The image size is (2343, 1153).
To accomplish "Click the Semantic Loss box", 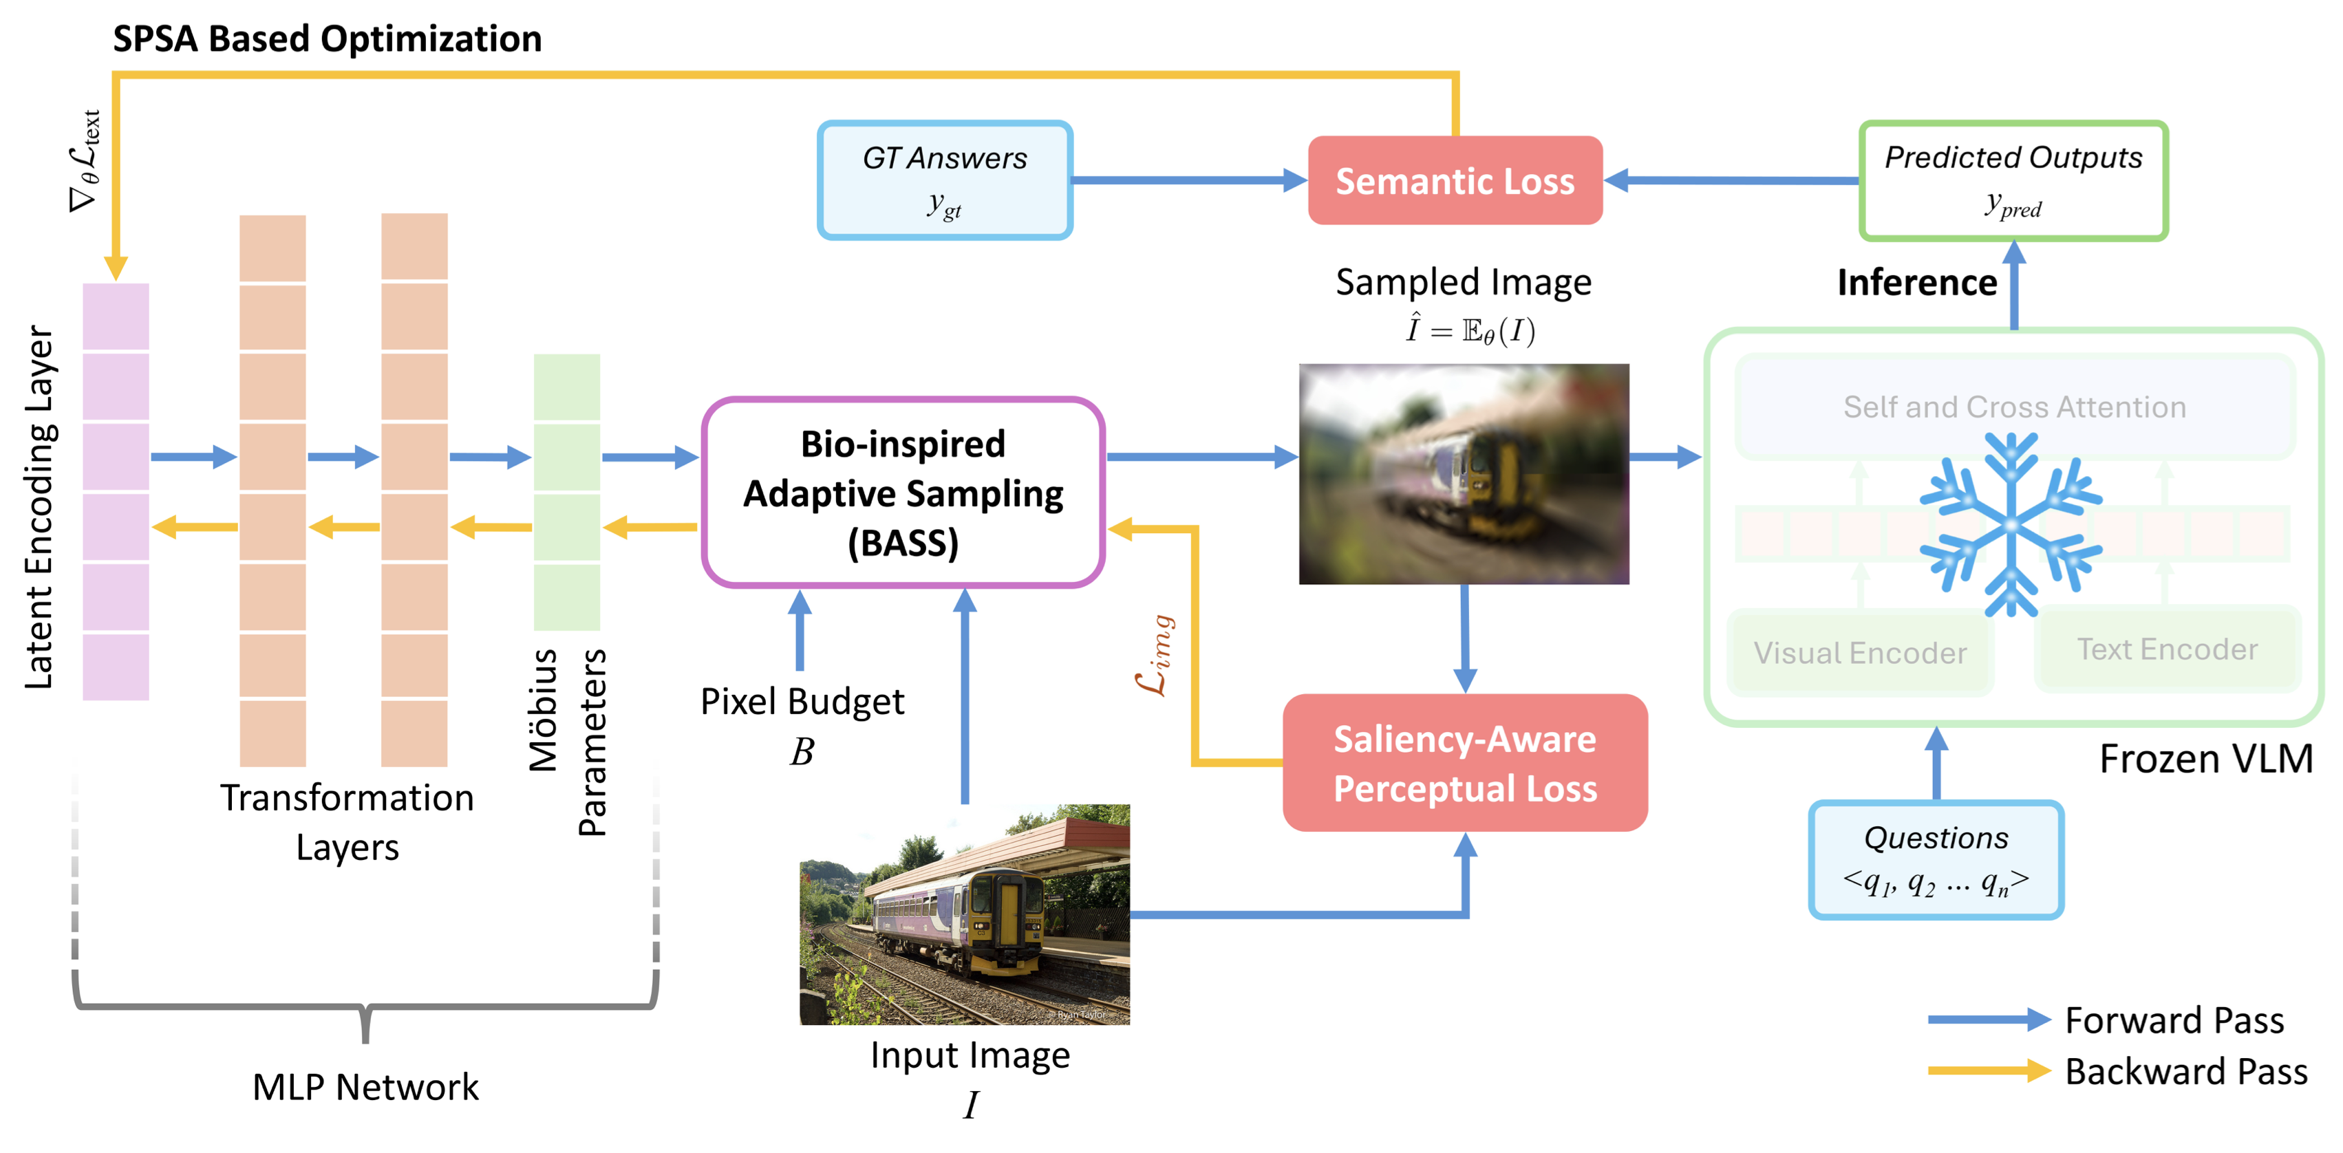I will click(1455, 181).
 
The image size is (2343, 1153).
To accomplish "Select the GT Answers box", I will click(944, 181).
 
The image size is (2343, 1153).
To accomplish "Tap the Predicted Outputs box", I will click(2012, 181).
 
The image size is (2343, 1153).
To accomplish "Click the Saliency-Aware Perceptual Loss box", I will click(1464, 763).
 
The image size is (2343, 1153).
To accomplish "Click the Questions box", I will click(1936, 859).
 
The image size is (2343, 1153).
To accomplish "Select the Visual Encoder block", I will click(1859, 653).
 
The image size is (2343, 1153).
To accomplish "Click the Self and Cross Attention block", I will click(2014, 407).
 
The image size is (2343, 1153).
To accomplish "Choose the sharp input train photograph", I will click(964, 914).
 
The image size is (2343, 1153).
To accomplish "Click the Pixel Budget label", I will click(802, 702).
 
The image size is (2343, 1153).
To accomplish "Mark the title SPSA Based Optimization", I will click(327, 39).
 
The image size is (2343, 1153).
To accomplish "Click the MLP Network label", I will click(365, 1087).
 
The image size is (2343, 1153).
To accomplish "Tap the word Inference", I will click(1916, 283).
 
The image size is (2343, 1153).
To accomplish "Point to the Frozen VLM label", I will click(2205, 758).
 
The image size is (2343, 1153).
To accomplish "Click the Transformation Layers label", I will click(347, 822).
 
